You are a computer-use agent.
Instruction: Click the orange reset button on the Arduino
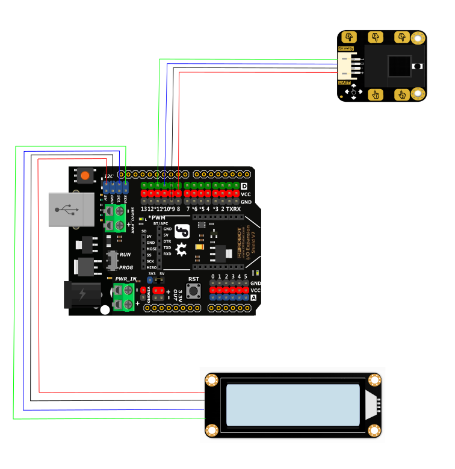85,176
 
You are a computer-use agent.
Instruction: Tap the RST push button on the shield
193,291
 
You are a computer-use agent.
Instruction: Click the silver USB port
71,210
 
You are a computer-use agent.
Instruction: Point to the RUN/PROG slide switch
112,261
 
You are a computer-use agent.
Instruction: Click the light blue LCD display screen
292,405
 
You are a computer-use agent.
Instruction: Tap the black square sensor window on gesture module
398,66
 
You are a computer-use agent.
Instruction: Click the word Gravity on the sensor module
345,48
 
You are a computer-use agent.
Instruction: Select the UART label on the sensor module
345,82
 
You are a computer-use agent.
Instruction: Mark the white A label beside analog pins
253,297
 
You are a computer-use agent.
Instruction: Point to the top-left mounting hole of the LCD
212,380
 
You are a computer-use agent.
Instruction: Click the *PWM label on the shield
156,217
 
